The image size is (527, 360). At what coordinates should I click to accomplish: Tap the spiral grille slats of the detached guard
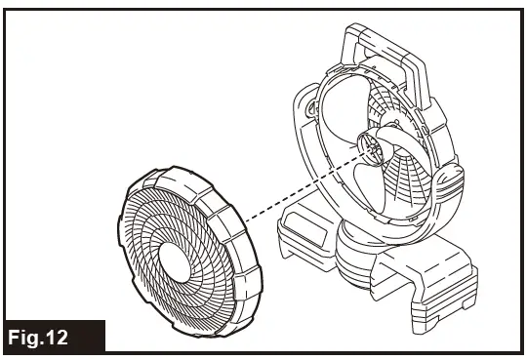(146, 234)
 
